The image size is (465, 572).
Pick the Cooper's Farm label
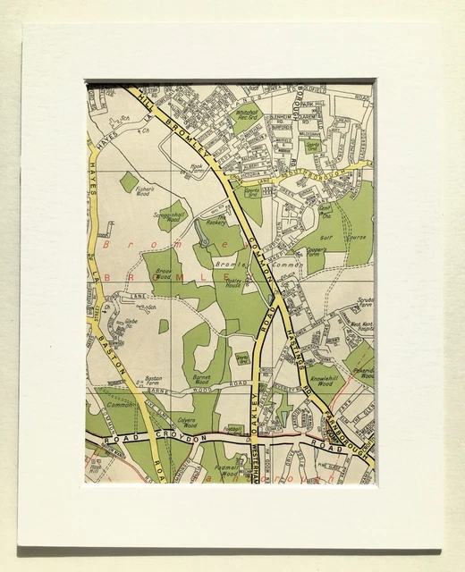point(315,251)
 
